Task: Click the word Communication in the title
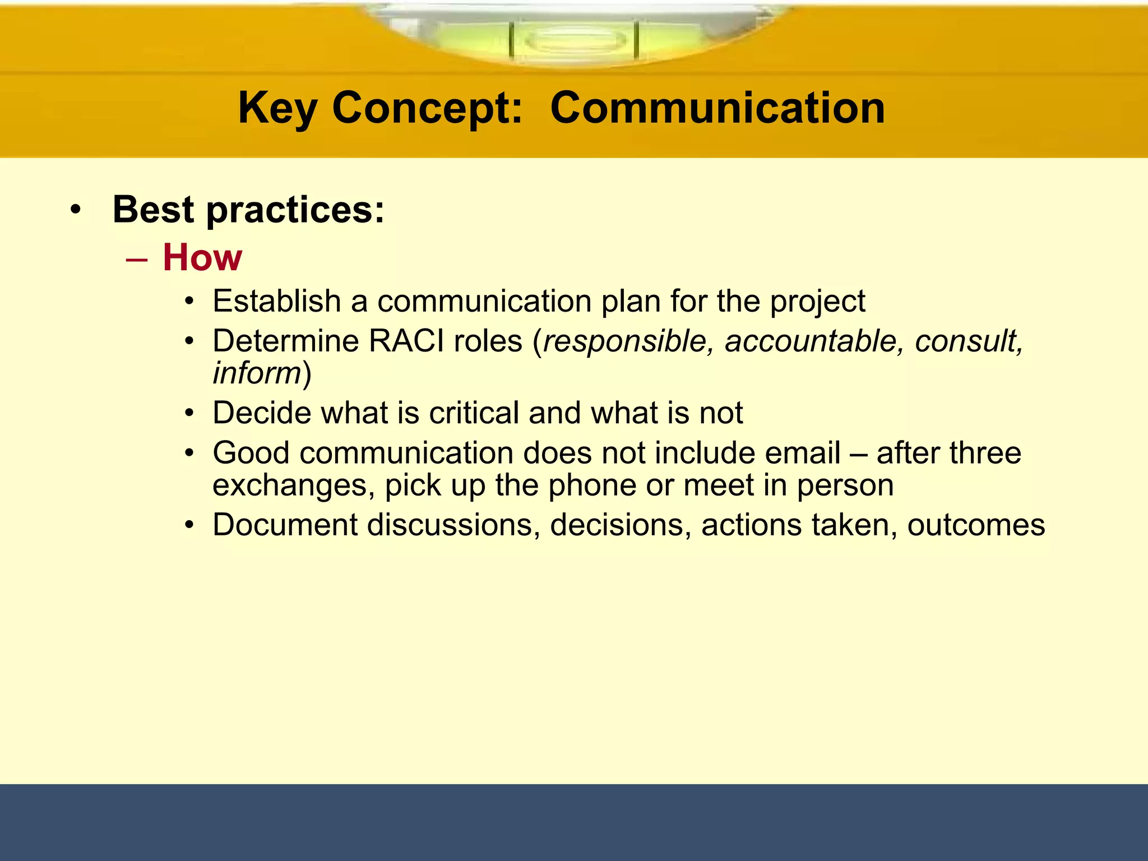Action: [x=717, y=108]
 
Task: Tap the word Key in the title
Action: [x=277, y=108]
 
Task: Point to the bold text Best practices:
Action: [x=248, y=210]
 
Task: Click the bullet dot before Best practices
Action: [x=76, y=211]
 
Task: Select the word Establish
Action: [x=277, y=301]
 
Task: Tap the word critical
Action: [x=474, y=413]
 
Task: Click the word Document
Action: [x=285, y=525]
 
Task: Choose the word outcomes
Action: [x=976, y=525]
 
